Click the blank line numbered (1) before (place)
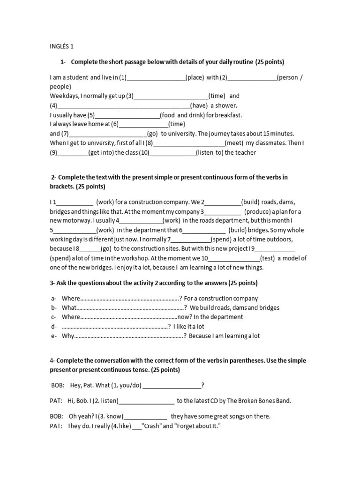156,78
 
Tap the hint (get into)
100,152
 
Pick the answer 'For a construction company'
221,298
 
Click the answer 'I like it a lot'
188,326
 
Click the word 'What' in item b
68,307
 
